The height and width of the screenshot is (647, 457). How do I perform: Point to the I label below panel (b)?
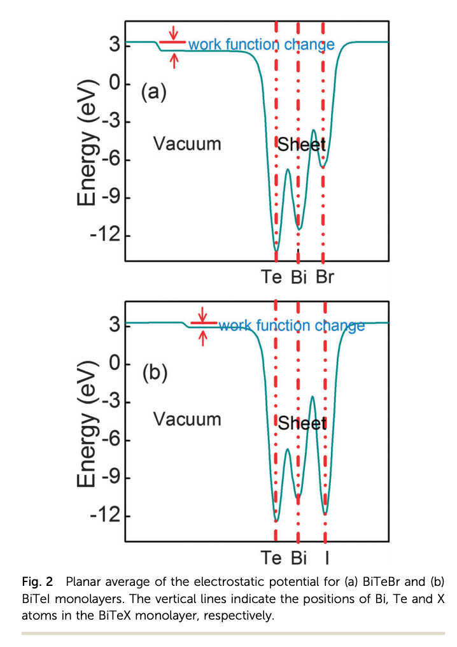[327, 558]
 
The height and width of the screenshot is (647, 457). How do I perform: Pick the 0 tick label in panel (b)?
[114, 364]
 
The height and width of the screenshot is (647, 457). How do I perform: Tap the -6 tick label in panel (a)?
[105, 160]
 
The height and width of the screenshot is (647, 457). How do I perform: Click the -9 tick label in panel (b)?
[105, 478]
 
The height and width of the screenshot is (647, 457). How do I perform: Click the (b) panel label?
[153, 373]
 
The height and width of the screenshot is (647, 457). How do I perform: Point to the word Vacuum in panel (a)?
[187, 144]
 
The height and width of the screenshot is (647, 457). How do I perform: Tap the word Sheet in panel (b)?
[302, 424]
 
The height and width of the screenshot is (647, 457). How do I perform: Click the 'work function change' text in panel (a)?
[261, 45]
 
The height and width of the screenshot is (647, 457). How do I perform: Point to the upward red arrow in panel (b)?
[203, 339]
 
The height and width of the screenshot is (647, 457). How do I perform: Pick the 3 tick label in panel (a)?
[114, 45]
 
